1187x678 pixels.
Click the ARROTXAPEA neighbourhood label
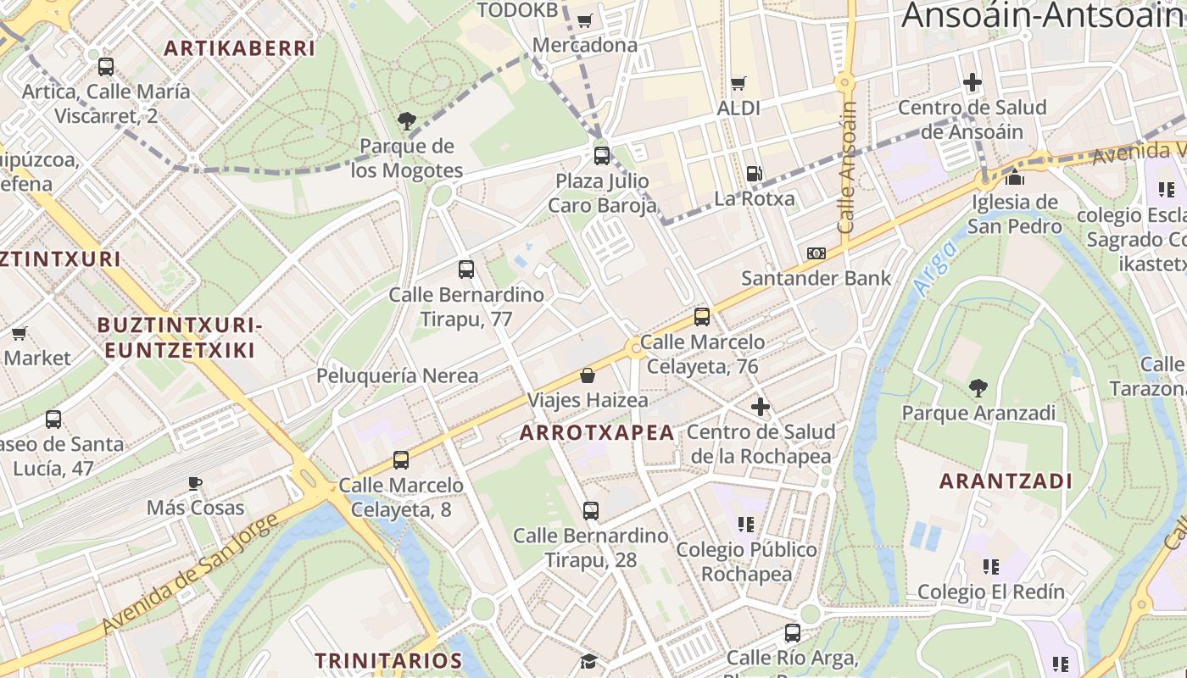(x=597, y=433)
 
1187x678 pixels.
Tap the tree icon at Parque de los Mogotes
(x=407, y=121)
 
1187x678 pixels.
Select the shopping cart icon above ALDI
(x=738, y=83)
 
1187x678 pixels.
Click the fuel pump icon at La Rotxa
(x=754, y=174)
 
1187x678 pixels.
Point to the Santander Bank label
(x=816, y=278)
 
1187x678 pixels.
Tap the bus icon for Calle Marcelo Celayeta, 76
(x=702, y=317)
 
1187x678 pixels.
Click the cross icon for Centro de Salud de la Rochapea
(x=761, y=407)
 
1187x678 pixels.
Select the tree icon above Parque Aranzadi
(x=978, y=388)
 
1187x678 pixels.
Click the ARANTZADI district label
(x=1006, y=481)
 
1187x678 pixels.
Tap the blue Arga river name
(x=936, y=268)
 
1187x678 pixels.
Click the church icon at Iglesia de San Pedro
(x=1015, y=177)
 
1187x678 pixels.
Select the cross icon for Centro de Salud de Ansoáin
(x=972, y=82)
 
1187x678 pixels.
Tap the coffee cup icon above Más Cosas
(x=195, y=483)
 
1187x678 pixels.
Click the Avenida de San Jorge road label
(x=189, y=574)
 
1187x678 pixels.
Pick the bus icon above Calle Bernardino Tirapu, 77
(x=466, y=270)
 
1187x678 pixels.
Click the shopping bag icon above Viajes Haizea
(x=588, y=375)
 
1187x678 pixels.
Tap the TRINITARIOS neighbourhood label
(x=388, y=660)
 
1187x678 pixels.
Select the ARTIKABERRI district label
(x=239, y=48)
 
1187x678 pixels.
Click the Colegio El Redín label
(x=991, y=592)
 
